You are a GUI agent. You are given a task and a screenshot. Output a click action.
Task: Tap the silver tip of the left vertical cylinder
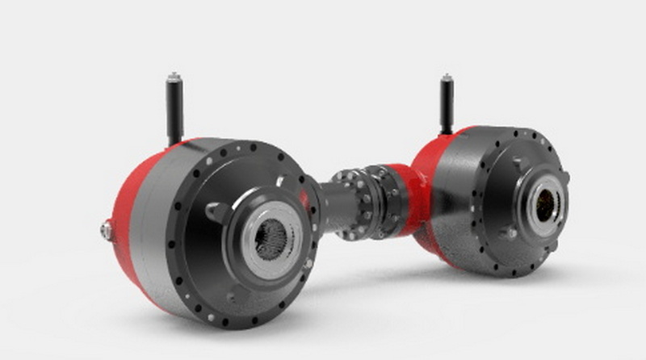(174, 77)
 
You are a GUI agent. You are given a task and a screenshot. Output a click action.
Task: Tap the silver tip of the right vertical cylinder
(446, 78)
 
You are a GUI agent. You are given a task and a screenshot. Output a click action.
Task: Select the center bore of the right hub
(544, 207)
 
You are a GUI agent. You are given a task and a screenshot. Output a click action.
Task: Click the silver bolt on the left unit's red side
(106, 231)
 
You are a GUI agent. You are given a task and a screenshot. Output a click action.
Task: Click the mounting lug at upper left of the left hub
(216, 211)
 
